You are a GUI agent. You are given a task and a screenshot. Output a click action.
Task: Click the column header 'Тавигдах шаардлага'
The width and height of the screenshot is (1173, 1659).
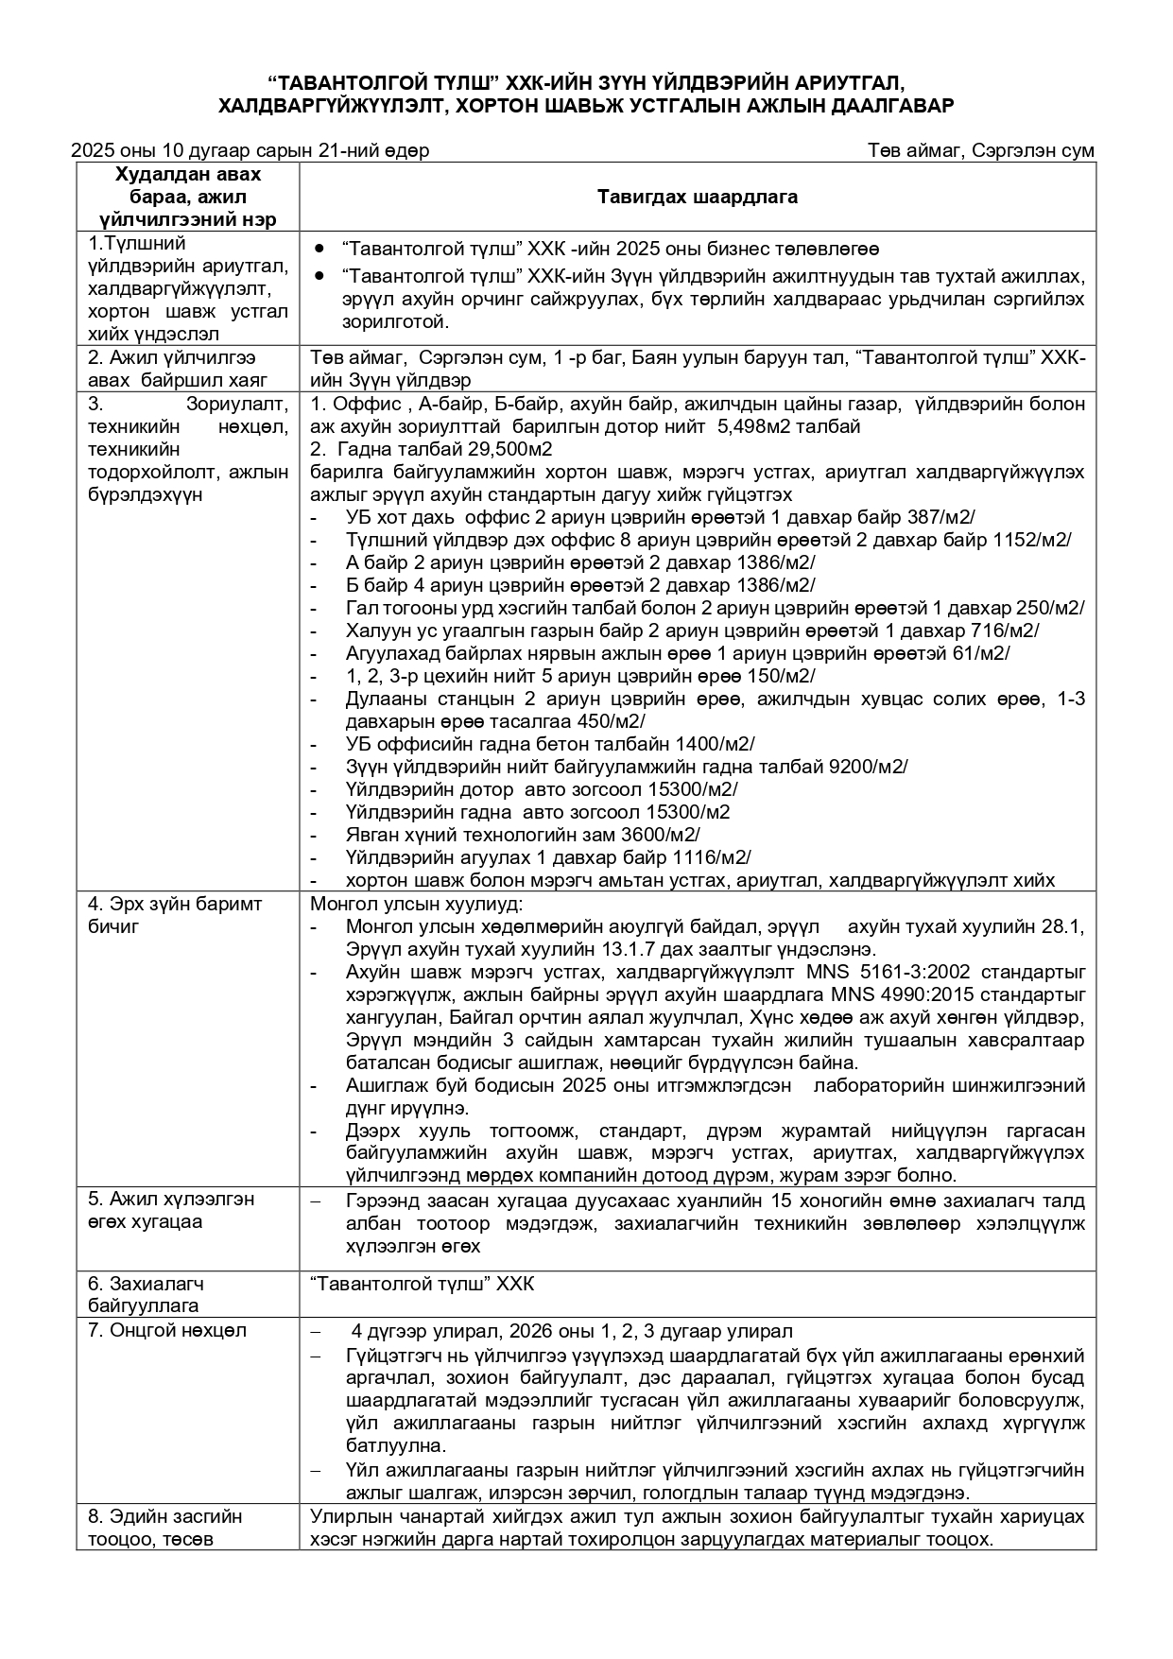(697, 198)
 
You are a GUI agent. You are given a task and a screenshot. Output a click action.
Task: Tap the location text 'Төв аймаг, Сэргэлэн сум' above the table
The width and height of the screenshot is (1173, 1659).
(981, 151)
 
